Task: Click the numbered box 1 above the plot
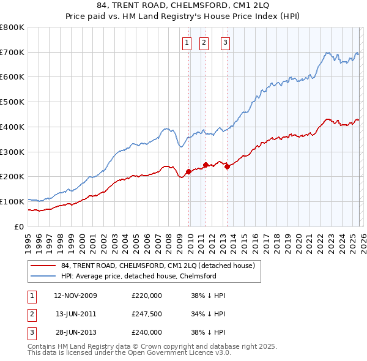(x=186, y=42)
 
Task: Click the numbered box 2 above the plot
(x=204, y=42)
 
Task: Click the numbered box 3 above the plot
(x=226, y=42)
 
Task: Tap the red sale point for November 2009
(x=188, y=172)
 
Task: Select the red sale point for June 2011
(x=206, y=165)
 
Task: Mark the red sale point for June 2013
(x=227, y=166)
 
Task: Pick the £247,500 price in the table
(x=147, y=314)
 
